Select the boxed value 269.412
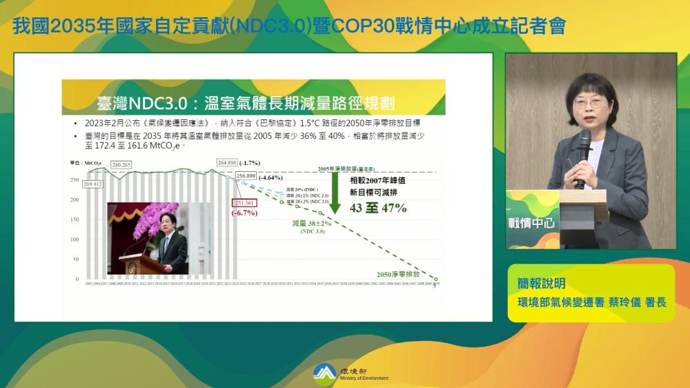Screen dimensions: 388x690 (92, 184)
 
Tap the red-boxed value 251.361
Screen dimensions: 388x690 (245, 203)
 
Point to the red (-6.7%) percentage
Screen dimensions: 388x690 (244, 213)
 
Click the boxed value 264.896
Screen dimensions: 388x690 (227, 162)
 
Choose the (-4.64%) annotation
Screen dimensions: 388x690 (270, 177)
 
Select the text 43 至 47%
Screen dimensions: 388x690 (378, 208)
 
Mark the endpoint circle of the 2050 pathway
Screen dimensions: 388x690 (435, 279)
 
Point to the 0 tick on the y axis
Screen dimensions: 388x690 (77, 279)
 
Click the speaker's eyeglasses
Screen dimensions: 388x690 (589, 102)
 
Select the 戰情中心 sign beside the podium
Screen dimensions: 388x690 (531, 223)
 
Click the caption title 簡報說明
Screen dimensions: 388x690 (542, 283)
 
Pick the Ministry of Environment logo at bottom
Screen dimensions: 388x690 (324, 372)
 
